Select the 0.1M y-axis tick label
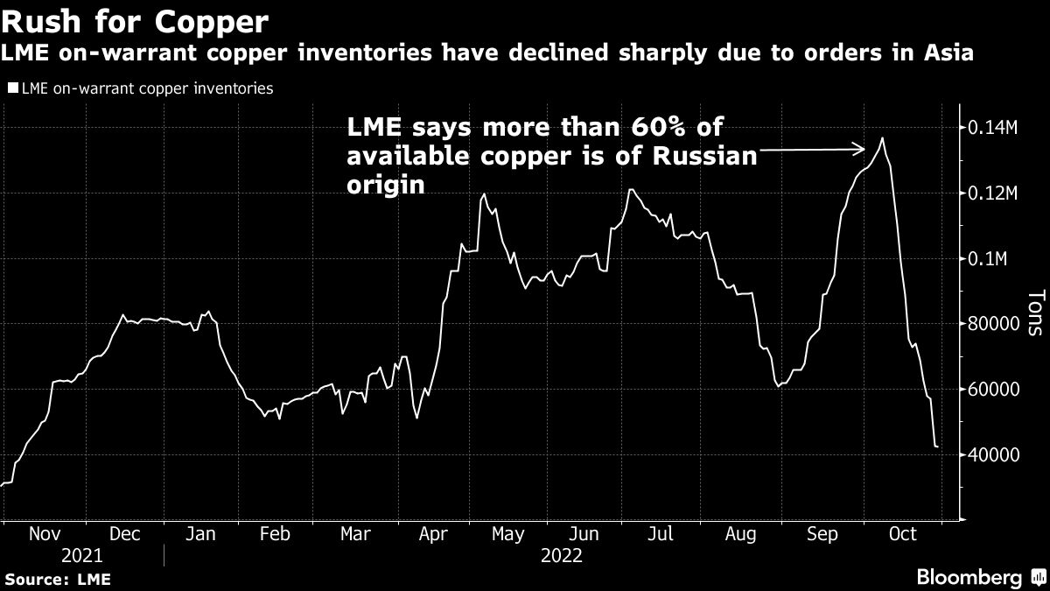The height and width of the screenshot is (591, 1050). click(989, 259)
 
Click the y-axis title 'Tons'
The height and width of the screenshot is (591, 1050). click(1033, 313)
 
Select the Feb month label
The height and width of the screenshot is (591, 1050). click(276, 534)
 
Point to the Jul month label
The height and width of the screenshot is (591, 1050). click(661, 534)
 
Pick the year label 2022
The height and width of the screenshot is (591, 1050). click(562, 555)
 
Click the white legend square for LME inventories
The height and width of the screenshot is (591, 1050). click(12, 88)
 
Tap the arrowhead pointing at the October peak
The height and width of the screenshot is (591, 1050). click(861, 150)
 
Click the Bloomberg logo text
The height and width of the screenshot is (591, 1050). click(969, 578)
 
